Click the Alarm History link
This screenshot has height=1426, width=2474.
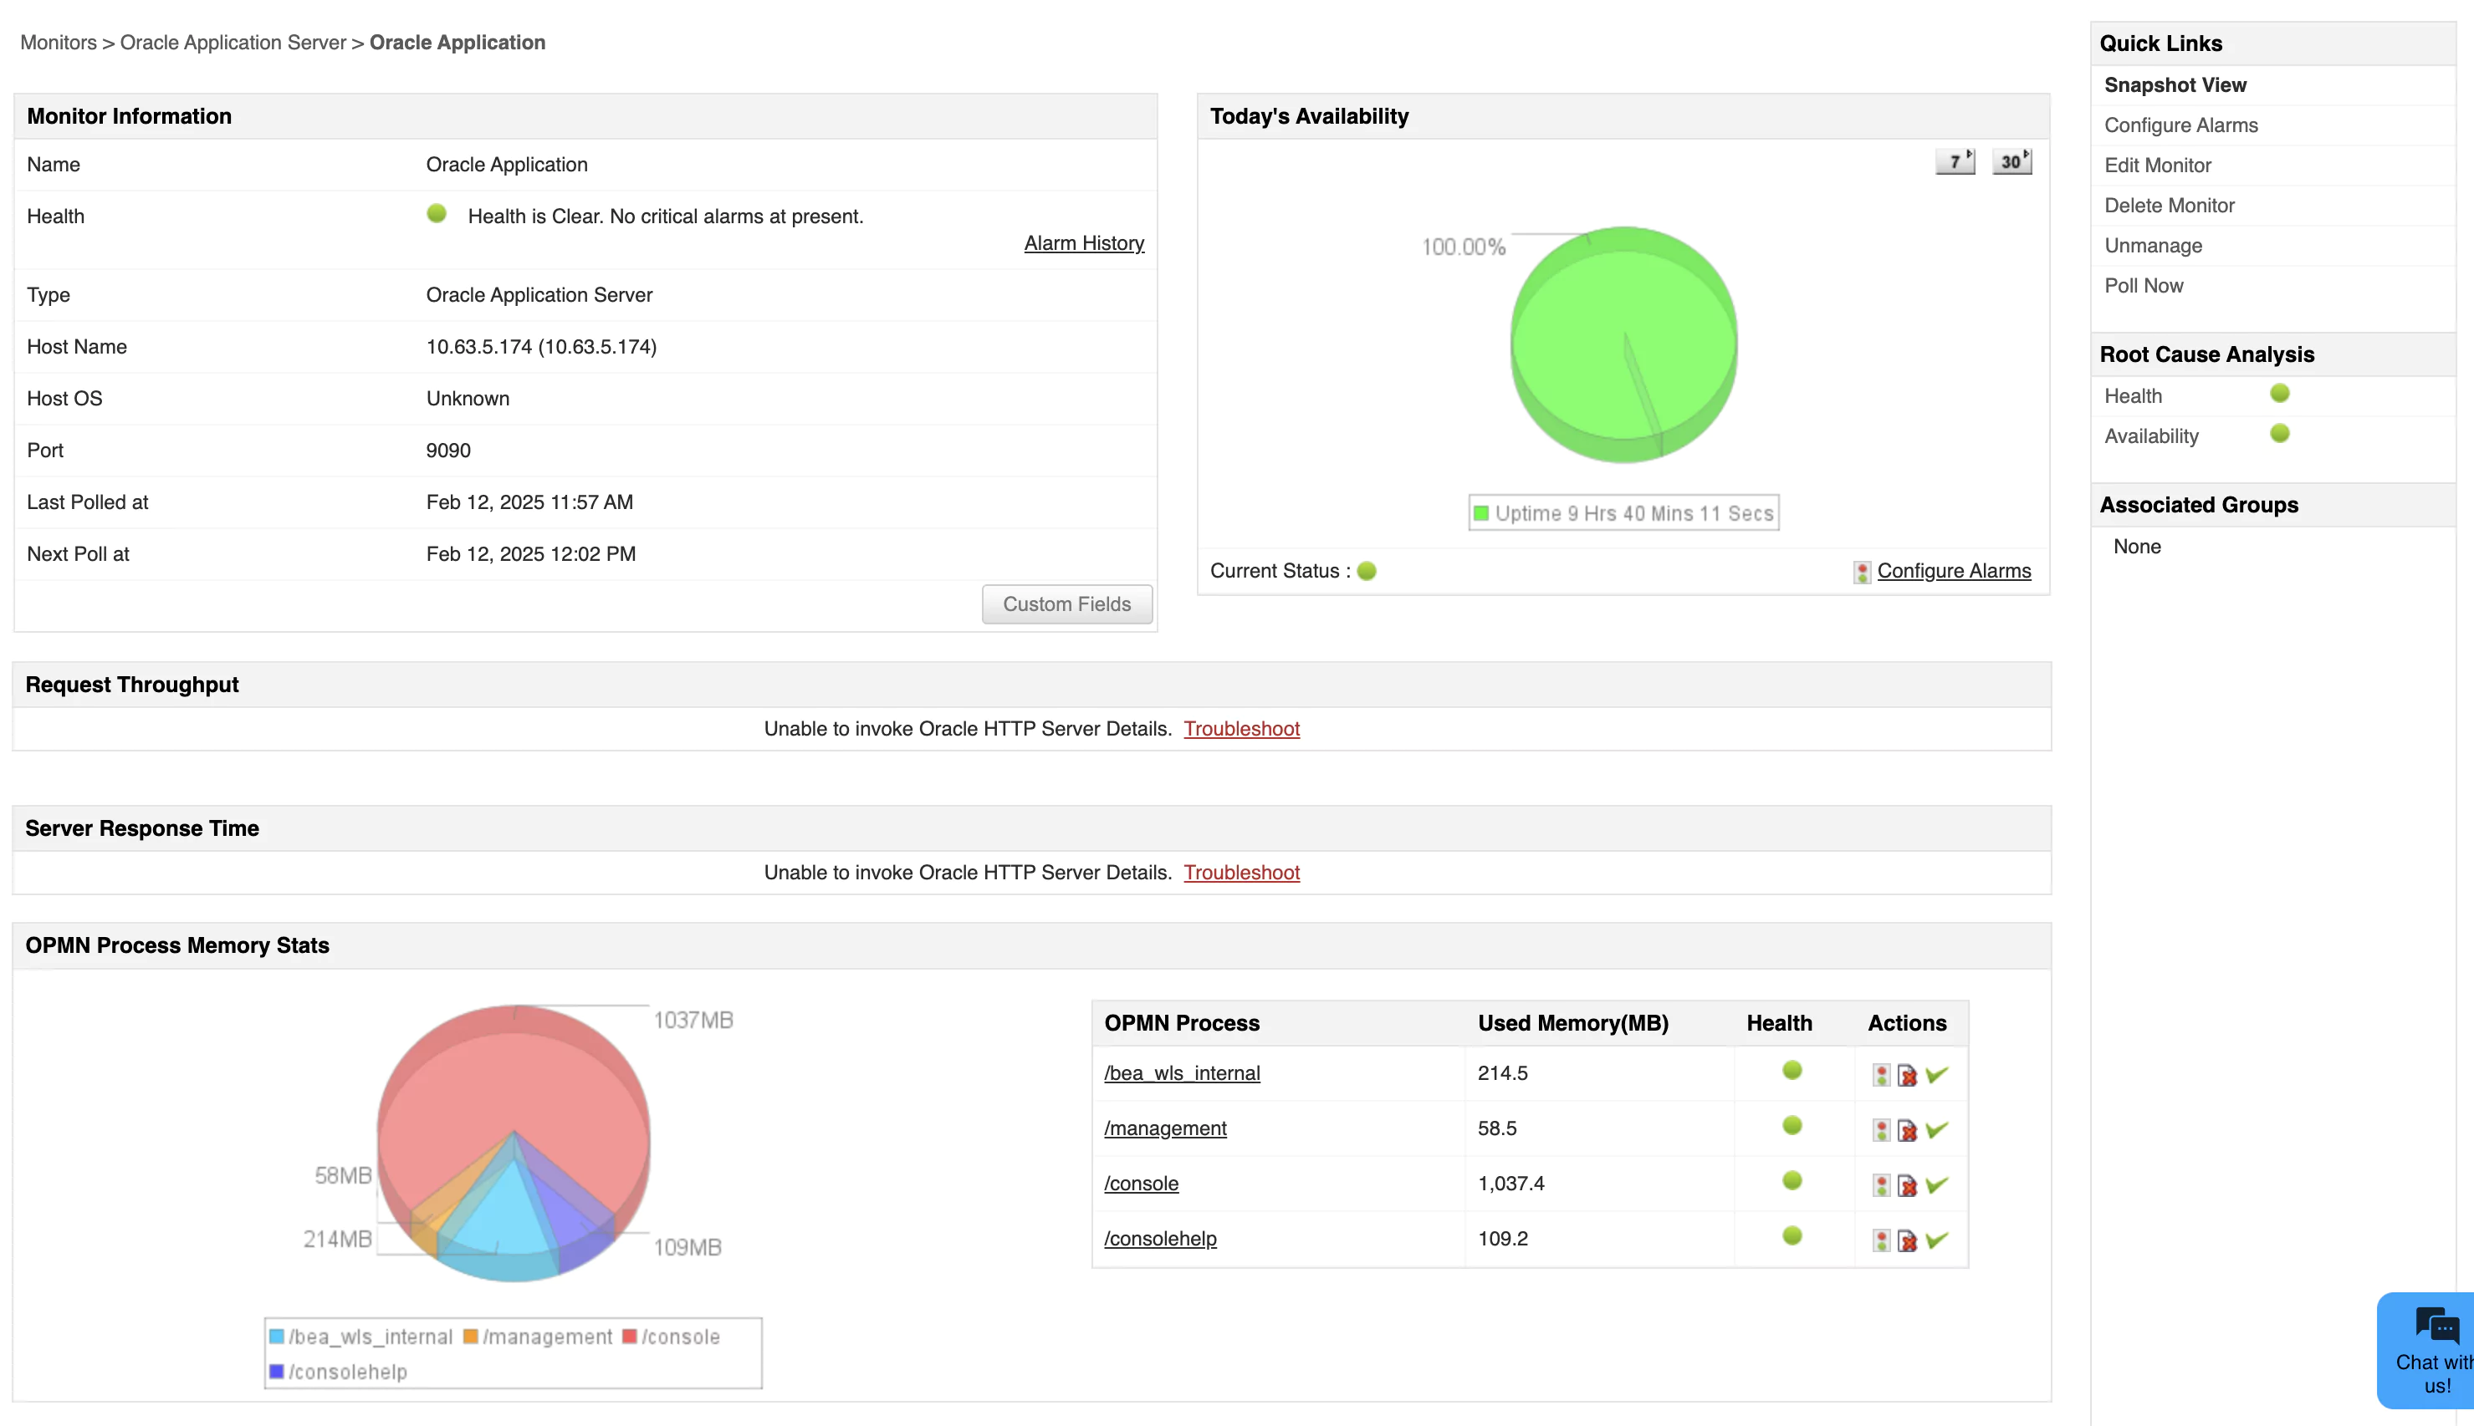coord(1084,243)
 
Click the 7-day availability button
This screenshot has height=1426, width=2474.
coord(1955,161)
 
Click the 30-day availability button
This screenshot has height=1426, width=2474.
coord(2011,161)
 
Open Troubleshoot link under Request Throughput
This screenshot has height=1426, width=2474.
coord(1241,729)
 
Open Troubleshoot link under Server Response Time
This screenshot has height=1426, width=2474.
coord(1241,873)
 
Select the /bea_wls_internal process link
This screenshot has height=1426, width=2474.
coord(1182,1073)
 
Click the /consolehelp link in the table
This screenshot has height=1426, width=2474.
coord(1160,1239)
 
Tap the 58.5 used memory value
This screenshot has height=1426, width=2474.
coord(1497,1128)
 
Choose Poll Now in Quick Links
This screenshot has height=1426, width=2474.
coord(2144,286)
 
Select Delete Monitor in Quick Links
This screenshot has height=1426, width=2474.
coord(2170,206)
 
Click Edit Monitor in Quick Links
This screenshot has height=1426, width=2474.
coord(2158,166)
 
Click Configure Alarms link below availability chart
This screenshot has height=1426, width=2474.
coord(1954,571)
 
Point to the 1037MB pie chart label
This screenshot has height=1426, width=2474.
coord(693,1021)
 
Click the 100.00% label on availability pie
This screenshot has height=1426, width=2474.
coord(1464,247)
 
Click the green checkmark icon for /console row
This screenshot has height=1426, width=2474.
coord(1937,1185)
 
